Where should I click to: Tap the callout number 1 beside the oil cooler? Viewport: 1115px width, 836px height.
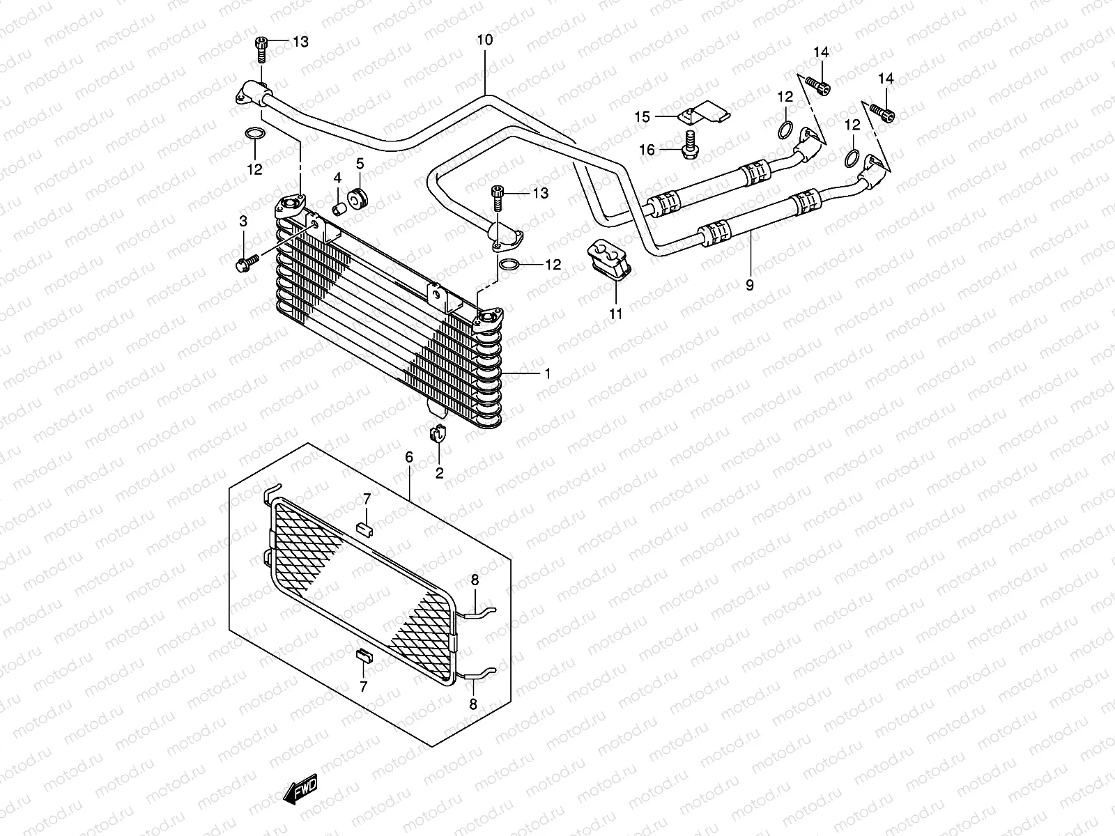coord(548,374)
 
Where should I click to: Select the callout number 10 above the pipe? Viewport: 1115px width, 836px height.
coord(484,40)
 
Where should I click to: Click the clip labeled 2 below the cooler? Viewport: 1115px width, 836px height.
coord(438,433)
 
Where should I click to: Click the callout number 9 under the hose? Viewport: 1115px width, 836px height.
coord(750,285)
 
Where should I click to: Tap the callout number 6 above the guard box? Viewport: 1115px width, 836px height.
coord(409,458)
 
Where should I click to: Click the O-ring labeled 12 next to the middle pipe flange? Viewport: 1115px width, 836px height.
coord(509,264)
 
